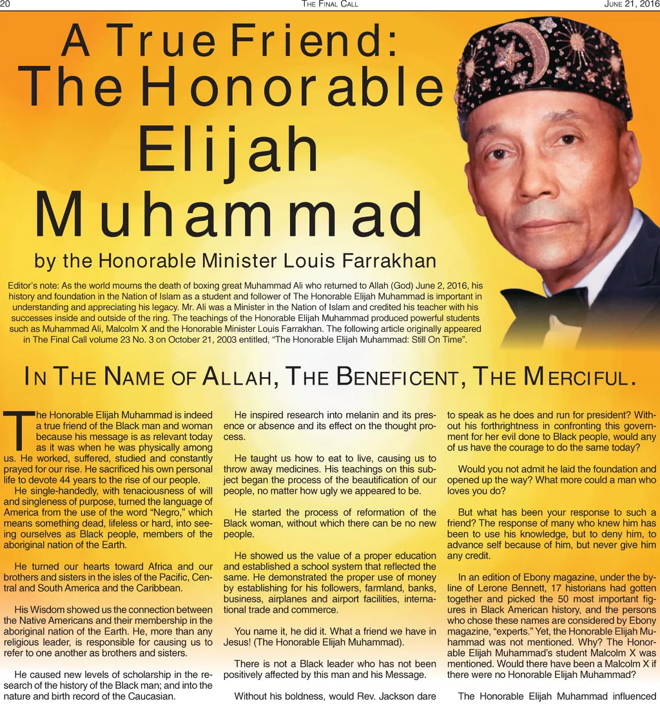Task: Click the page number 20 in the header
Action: (x=6, y=5)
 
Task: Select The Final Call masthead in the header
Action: (x=329, y=5)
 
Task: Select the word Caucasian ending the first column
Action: (x=147, y=696)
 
